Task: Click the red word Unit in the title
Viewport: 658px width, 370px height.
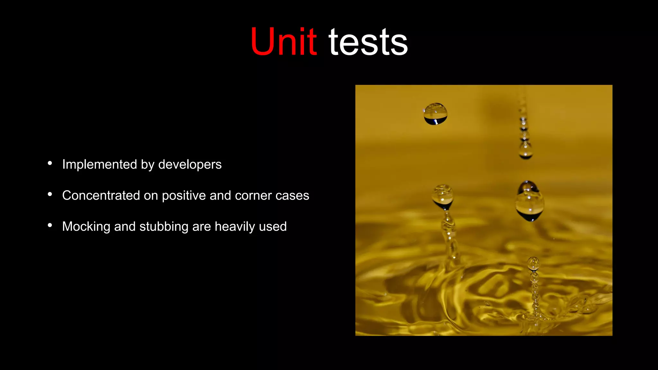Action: [x=283, y=42]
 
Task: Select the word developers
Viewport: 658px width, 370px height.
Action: [x=190, y=164]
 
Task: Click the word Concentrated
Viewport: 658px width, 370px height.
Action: [x=101, y=195]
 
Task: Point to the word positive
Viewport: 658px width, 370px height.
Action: [x=184, y=195]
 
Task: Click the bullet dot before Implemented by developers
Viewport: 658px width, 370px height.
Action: [x=50, y=163]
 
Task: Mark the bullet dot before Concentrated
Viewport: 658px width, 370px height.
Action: [x=50, y=194]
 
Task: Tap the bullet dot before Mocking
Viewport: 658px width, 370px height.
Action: [x=50, y=225]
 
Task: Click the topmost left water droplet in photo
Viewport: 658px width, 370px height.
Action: [x=435, y=114]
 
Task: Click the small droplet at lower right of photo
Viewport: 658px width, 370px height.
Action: [x=533, y=263]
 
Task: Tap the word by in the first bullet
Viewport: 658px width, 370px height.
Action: [x=148, y=164]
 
